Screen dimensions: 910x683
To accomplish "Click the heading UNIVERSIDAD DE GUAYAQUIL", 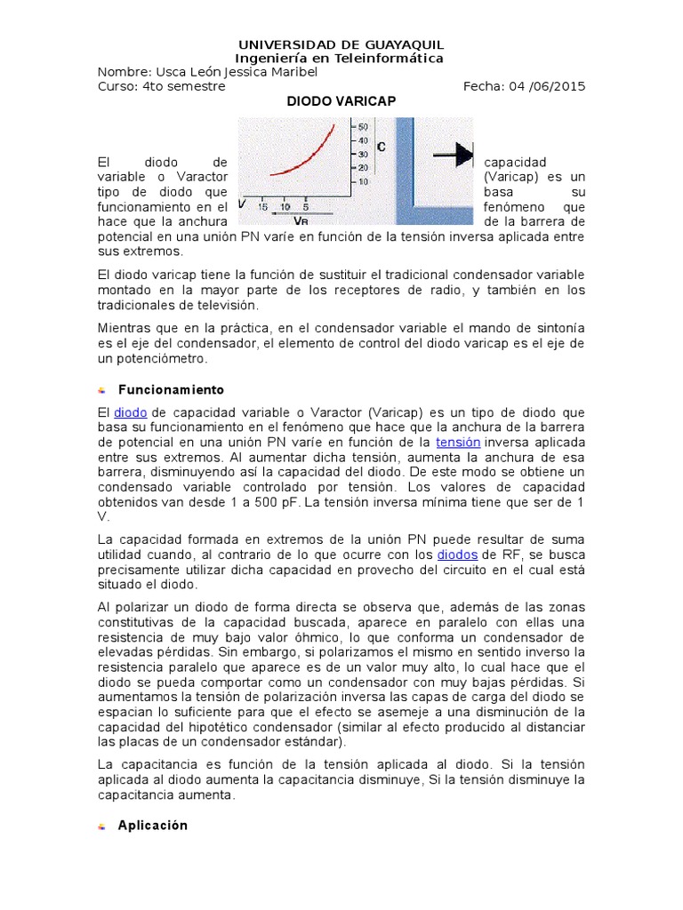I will click(x=341, y=44).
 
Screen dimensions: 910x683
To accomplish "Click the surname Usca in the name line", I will click(x=172, y=72).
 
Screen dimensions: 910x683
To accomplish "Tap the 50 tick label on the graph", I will click(x=362, y=127).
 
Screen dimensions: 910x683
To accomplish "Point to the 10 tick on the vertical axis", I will click(x=362, y=181).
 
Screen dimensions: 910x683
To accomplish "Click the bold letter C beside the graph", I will click(x=381, y=146).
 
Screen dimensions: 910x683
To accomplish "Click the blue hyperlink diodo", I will click(x=130, y=412).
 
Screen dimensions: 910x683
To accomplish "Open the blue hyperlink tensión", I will click(x=458, y=442).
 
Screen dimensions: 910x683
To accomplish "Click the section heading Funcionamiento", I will click(x=171, y=390).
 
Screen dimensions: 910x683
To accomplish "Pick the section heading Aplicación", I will click(x=153, y=826).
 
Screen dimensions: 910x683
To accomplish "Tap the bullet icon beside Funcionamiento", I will click(x=102, y=391).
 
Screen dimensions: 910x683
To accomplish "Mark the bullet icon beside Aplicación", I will click(x=102, y=826).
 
